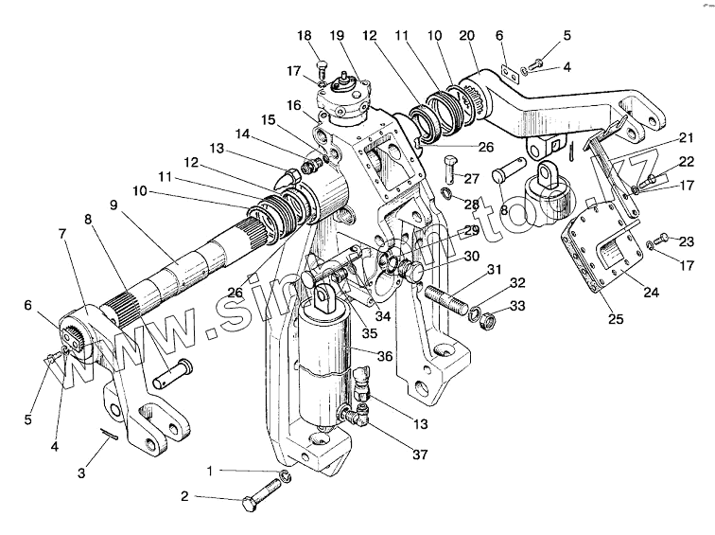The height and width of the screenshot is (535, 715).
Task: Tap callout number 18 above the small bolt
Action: [x=304, y=35]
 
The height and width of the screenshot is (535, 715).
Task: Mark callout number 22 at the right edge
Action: [x=686, y=161]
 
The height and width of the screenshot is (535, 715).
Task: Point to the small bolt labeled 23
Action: [x=664, y=236]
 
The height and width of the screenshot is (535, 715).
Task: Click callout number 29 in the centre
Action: [x=469, y=230]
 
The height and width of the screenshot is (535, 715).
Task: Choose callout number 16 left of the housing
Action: [x=295, y=105]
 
